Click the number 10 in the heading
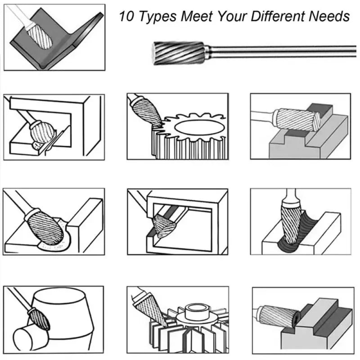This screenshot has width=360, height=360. (126, 16)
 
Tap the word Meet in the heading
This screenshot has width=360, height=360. (197, 16)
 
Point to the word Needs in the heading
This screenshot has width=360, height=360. (329, 16)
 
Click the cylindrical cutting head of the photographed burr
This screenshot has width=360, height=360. (179, 53)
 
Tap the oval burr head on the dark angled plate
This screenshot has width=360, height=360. (40, 37)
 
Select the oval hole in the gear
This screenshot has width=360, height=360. (199, 127)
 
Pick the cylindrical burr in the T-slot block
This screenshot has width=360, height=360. (297, 120)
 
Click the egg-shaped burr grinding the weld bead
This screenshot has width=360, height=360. (45, 227)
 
